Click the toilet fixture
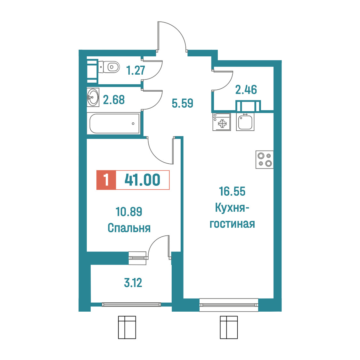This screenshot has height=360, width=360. point(109,67)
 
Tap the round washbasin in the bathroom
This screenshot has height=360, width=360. point(93,97)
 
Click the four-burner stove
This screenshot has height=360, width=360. point(265,160)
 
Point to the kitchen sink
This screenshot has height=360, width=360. point(245,122)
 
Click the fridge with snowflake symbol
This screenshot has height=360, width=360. point(222,122)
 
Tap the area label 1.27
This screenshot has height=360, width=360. point(136,70)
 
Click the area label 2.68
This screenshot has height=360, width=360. point(114,100)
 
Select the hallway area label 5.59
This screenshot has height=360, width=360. point(183,103)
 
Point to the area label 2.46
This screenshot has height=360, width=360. point(246,90)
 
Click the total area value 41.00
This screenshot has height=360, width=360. point(142,180)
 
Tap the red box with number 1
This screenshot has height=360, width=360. point(106,180)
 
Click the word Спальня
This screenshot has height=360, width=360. point(129,228)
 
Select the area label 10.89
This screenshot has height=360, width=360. point(129,212)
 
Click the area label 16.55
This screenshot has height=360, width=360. point(232,192)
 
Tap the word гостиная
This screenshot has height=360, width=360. point(232,224)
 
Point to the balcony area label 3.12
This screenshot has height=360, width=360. point(133,283)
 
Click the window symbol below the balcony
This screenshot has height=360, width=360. point(127,327)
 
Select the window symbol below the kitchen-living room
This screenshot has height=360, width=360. point(229,327)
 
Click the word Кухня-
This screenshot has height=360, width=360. point(232,208)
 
